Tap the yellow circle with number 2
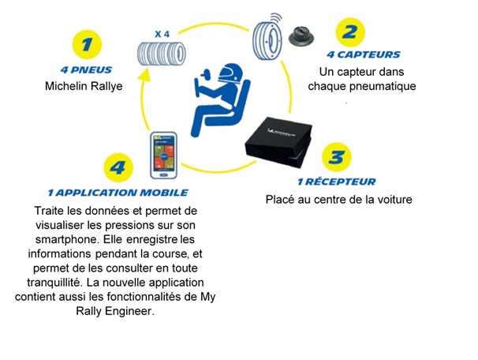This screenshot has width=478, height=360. click(x=349, y=32)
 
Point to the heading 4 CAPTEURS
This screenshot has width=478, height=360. click(x=363, y=54)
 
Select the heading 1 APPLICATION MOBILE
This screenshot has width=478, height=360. click(x=117, y=192)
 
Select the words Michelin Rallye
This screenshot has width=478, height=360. click(x=84, y=85)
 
